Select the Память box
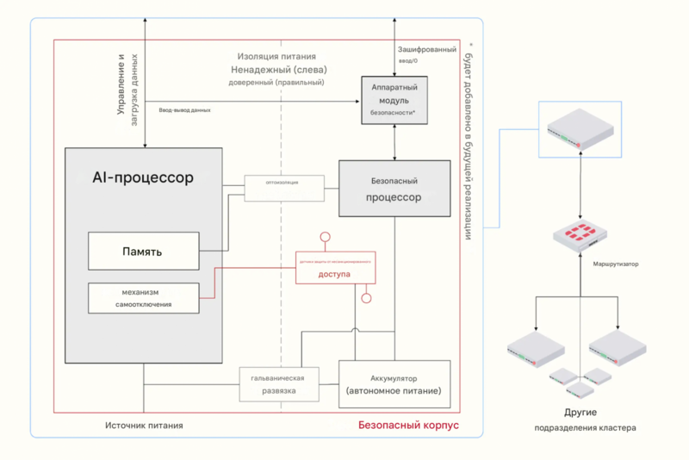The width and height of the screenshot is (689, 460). (143, 252)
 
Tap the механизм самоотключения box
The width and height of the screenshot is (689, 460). (143, 297)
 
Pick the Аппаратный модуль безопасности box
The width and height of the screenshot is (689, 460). (394, 100)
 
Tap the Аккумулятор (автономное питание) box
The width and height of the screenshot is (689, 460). (394, 384)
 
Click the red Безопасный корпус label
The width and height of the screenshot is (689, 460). (408, 426)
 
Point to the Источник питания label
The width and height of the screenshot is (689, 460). (144, 426)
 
